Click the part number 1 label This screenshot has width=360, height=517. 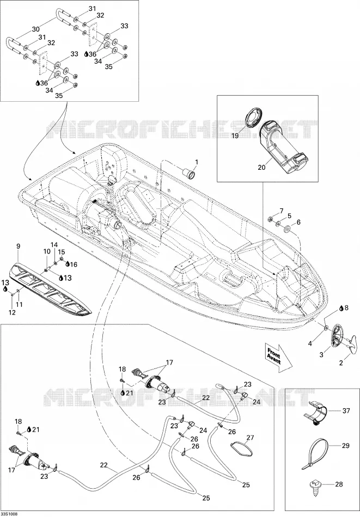(x=197, y=162)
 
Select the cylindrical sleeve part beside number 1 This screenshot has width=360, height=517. (x=189, y=173)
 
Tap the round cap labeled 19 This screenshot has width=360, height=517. (x=253, y=116)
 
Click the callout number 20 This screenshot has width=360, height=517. (x=261, y=168)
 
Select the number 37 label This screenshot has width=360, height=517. (x=346, y=410)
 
